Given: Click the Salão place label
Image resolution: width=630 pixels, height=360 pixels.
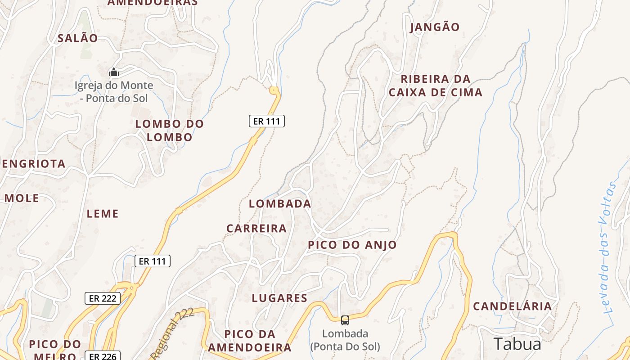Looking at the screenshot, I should tap(77, 38).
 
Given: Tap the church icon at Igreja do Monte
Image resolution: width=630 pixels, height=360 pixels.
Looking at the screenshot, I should tap(114, 72).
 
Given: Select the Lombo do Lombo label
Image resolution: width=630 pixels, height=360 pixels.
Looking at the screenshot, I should tap(170, 130).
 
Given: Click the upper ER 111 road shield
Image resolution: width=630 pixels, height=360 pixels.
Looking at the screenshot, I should tap(267, 121).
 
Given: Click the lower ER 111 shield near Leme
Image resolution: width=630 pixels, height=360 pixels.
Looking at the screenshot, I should tap(153, 261).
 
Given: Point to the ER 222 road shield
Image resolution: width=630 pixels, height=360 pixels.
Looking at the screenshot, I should tap(103, 298).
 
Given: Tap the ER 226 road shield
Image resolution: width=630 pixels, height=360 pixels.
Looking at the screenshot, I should tap(103, 356).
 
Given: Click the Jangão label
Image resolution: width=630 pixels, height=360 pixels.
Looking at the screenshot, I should tap(435, 27).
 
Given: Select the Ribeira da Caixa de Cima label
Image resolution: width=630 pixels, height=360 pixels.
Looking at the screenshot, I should tap(435, 85).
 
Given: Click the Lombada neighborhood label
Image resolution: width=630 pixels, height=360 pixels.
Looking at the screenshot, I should tap(280, 204).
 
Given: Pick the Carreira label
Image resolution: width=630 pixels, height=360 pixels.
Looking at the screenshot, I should tap(256, 229).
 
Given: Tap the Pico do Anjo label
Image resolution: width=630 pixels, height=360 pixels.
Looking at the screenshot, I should tap(352, 245).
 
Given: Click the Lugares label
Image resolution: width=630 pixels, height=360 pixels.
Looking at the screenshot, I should tap(279, 298).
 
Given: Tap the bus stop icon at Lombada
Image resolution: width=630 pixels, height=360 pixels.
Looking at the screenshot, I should tap(345, 320).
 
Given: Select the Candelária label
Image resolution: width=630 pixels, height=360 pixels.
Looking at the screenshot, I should tap(512, 306).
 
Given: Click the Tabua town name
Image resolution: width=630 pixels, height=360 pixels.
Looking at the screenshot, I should tap(517, 344).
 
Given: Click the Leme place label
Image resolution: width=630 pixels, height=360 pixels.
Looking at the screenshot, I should tap(103, 214).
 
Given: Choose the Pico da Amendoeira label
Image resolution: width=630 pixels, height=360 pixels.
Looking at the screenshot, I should tap(249, 341).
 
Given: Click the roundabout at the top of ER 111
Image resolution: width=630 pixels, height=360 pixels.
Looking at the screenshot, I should tap(274, 90).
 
